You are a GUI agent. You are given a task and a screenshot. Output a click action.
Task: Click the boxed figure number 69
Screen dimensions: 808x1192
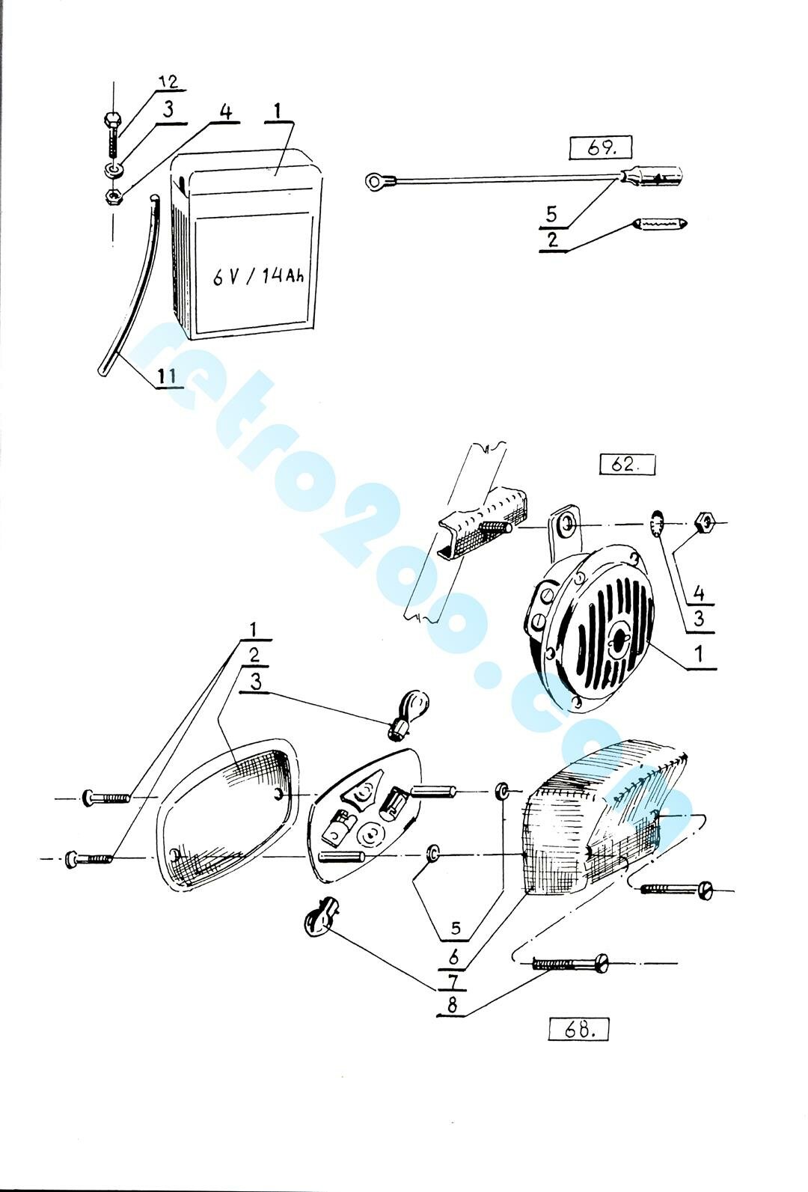601,148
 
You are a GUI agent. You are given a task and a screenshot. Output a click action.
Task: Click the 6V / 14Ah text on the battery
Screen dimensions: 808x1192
259,277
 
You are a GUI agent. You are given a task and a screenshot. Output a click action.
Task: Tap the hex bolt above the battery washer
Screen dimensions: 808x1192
111,134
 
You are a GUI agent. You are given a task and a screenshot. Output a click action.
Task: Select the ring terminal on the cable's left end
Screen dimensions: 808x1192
377,183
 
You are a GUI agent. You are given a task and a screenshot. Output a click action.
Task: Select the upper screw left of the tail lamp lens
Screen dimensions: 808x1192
105,798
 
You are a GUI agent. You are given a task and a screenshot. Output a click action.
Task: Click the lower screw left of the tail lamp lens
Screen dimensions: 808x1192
89,858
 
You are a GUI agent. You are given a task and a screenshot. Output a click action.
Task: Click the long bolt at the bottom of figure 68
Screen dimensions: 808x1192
570,964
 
